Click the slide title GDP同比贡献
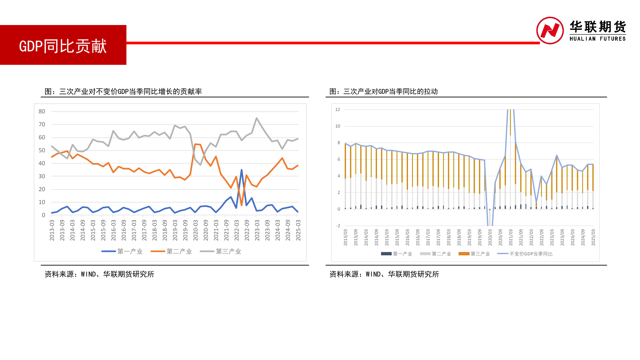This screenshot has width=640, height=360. coord(63,46)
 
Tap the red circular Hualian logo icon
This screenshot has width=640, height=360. coord(550,30)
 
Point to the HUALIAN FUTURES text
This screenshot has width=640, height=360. coord(597,39)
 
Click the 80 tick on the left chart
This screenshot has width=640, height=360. coord(42,111)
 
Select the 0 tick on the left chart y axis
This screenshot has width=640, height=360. coord(43,215)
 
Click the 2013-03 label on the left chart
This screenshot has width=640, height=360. coord(52,230)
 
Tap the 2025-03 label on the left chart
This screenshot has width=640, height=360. coord(298,230)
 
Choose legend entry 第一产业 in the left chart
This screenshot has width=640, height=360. coord(122,251)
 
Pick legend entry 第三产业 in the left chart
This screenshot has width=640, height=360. coord(221,251)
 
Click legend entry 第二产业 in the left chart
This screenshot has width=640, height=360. coord(171,251)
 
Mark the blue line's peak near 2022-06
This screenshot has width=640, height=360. coord(241,170)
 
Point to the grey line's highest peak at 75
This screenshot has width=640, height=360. coord(257,118)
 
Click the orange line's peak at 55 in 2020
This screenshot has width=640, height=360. coord(195,144)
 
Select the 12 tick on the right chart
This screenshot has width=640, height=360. coord(338,109)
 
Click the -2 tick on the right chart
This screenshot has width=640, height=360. coord(338,226)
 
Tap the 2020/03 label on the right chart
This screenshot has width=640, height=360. coord(490,237)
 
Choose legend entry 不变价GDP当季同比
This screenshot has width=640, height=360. coord(525,254)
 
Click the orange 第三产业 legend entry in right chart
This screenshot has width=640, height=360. coord(474,254)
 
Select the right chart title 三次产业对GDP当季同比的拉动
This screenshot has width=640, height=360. coord(383,91)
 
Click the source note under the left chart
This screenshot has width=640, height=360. coord(99,274)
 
